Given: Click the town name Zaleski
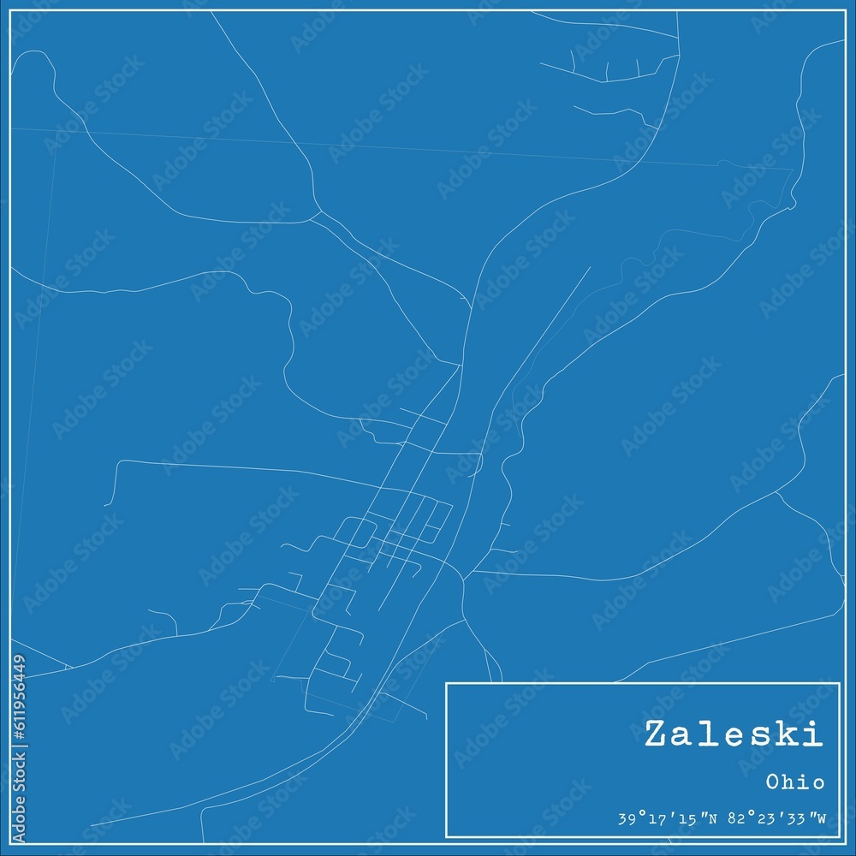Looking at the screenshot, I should click(x=734, y=734).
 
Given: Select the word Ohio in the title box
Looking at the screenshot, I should click(x=795, y=782).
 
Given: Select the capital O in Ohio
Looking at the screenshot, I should click(x=772, y=782).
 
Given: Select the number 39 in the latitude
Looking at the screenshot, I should click(x=625, y=819).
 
